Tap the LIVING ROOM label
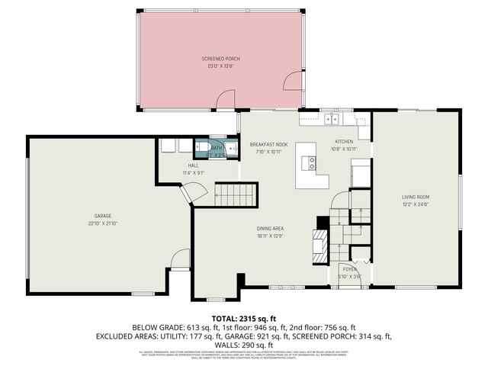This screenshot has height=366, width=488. (x=416, y=197)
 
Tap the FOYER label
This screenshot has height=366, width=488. (x=349, y=269)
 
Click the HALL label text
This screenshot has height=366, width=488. (x=194, y=165)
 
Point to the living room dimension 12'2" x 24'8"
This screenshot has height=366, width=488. (x=416, y=204)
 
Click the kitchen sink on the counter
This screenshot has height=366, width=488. (x=332, y=118)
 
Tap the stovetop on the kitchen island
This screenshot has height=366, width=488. (x=311, y=162)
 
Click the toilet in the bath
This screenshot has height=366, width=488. (x=202, y=147)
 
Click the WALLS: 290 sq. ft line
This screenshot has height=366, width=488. (x=243, y=345)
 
